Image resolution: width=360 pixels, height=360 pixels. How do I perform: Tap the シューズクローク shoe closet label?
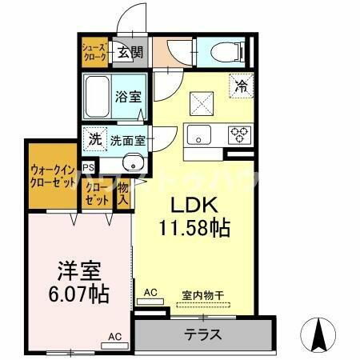(94, 53)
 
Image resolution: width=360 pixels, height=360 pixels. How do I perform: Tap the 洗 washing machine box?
(95, 138)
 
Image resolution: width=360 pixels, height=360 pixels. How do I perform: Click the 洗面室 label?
(128, 139)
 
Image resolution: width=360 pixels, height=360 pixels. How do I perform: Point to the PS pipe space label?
(88, 168)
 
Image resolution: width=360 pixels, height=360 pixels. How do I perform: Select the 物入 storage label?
(123, 194)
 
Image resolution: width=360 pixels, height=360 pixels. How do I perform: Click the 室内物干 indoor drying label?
(202, 294)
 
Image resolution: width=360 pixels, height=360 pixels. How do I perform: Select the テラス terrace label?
(202, 334)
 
